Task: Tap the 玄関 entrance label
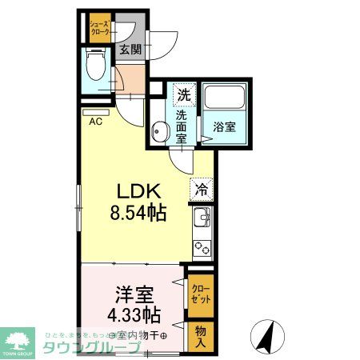130,49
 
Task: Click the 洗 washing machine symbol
184,94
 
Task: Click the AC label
95,122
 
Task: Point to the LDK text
141,192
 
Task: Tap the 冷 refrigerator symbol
201,190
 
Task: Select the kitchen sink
202,217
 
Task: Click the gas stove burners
202,249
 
